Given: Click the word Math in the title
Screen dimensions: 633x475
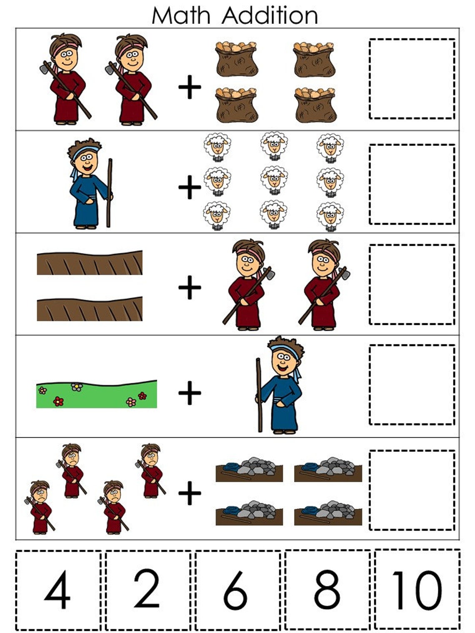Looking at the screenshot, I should (181, 15).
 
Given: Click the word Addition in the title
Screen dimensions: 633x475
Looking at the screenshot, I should (270, 15).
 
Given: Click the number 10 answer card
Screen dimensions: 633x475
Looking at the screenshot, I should (417, 590).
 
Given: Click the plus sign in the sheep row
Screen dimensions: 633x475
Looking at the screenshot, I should (190, 187).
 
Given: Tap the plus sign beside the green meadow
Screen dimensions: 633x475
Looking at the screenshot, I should (190, 392).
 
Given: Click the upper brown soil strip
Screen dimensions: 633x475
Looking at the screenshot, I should (90, 263).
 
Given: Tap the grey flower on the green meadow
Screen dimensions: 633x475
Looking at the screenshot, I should (77, 387).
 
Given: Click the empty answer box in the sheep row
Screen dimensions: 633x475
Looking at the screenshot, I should (412, 184).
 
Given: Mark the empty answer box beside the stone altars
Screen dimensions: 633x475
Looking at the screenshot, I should (412, 490).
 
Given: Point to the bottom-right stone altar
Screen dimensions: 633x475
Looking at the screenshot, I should (328, 513).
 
